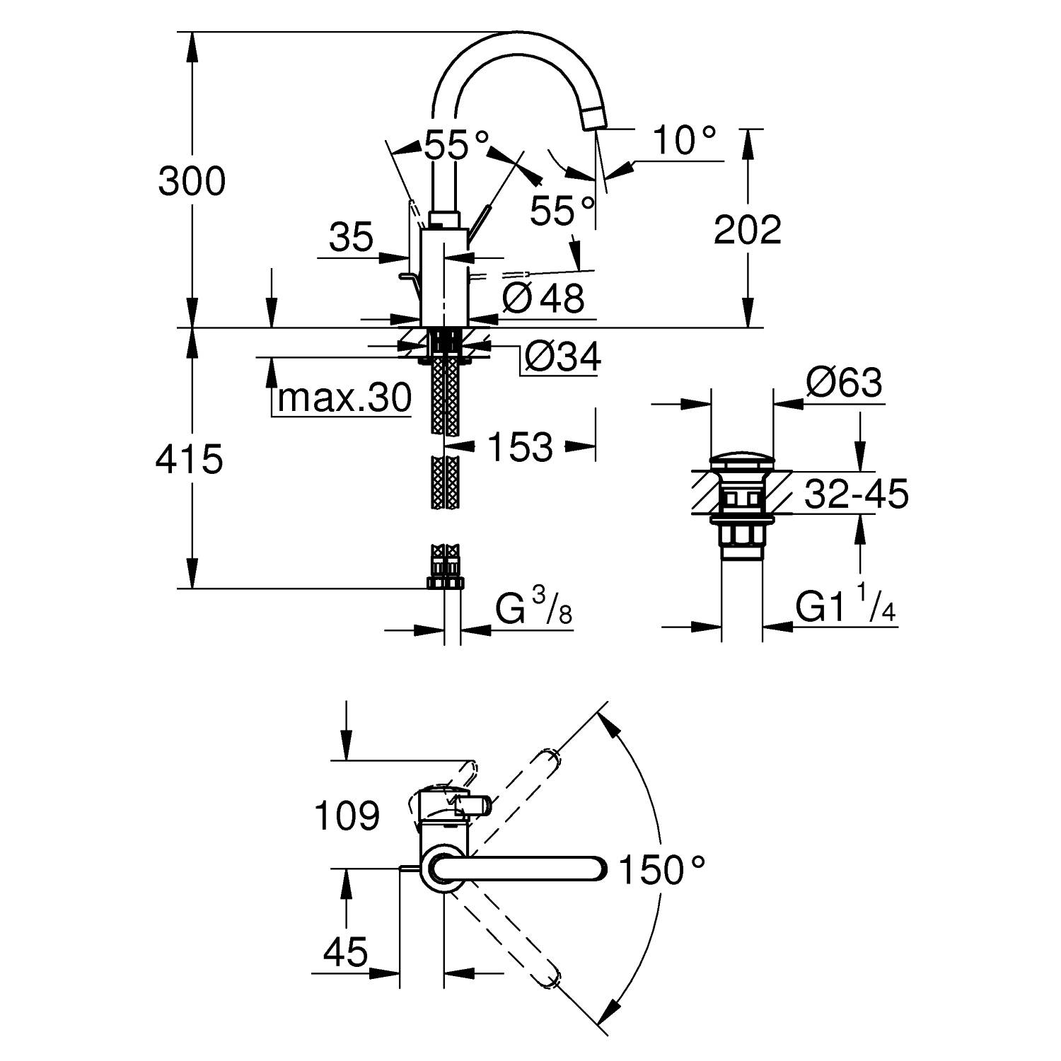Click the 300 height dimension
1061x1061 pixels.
(x=192, y=181)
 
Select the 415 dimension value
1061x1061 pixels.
(x=189, y=459)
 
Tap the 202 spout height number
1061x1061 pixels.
(x=747, y=229)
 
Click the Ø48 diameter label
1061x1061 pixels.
(x=543, y=298)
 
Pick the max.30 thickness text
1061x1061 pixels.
(x=344, y=398)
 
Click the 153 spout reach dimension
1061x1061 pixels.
(x=520, y=447)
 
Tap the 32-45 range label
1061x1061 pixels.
(x=856, y=495)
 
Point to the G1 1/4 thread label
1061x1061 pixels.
(x=845, y=607)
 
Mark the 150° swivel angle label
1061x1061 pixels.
(x=661, y=870)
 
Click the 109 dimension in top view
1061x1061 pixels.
(x=347, y=816)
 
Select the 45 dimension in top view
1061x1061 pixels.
(x=345, y=952)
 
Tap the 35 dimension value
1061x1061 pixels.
(x=351, y=238)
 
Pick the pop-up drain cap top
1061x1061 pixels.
(x=741, y=460)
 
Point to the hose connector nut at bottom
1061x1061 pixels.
(x=444, y=581)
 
